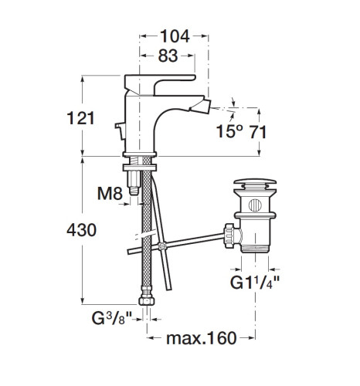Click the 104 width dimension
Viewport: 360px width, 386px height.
pyautogui.click(x=175, y=36)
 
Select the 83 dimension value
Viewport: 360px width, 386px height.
pyautogui.click(x=168, y=56)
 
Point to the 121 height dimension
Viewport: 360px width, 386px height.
pyautogui.click(x=80, y=118)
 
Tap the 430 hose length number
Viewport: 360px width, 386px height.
pyautogui.click(x=81, y=230)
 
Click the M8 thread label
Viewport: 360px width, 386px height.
pyautogui.click(x=110, y=194)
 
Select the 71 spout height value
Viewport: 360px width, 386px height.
pyautogui.click(x=258, y=132)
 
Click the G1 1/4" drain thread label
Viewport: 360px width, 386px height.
pyautogui.click(x=254, y=283)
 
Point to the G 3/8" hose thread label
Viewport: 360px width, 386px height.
pyautogui.click(x=112, y=318)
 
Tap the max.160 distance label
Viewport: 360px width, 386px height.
pyautogui.click(x=202, y=338)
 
